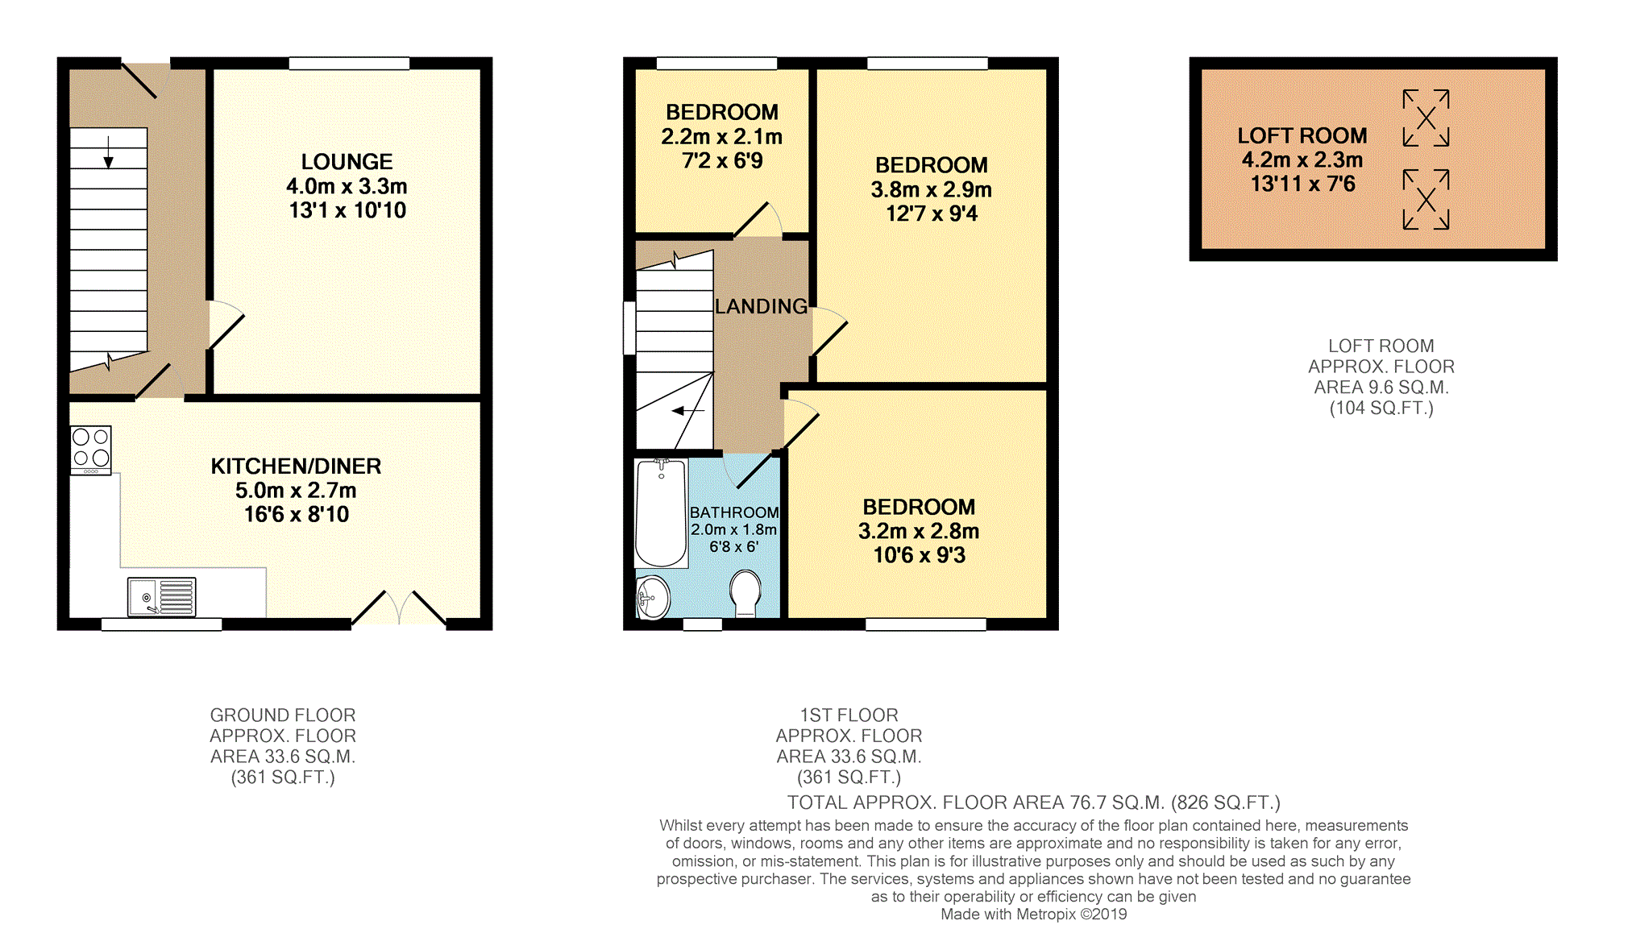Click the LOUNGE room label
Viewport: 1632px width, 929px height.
[347, 162]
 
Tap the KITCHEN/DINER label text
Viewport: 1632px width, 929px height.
[296, 467]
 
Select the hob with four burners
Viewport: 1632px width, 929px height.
[91, 449]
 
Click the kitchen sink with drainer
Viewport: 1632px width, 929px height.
[161, 597]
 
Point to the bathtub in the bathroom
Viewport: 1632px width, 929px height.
[661, 513]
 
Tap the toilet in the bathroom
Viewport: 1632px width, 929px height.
[745, 593]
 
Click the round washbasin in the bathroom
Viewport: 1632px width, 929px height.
[653, 597]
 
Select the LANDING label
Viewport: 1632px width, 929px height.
[761, 306]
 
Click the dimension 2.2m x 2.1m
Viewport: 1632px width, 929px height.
[722, 137]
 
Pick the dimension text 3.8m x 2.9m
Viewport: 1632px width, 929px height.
[931, 190]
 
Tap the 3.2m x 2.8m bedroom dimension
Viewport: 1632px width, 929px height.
[919, 532]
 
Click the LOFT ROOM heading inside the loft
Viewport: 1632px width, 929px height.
[1302, 136]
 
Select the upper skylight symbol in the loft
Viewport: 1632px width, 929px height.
[1426, 118]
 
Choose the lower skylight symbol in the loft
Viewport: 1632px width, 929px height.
[1426, 199]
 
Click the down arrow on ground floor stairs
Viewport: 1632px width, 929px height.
[108, 152]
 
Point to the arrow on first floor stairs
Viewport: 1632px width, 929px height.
[688, 411]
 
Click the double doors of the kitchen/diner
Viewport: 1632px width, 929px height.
[399, 608]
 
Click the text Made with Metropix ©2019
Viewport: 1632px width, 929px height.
[1034, 914]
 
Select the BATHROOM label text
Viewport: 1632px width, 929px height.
[734, 512]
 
